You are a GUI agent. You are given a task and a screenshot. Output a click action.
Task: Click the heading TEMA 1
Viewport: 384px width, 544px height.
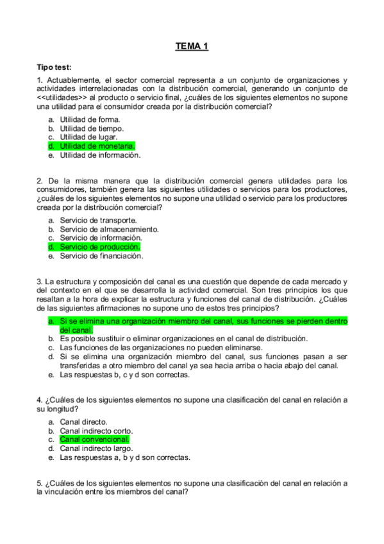pyautogui.click(x=192, y=46)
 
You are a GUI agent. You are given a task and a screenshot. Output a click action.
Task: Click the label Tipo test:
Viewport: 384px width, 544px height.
pyautogui.click(x=54, y=67)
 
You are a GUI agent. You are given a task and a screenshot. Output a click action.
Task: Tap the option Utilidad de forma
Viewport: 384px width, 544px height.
pyautogui.click(x=90, y=119)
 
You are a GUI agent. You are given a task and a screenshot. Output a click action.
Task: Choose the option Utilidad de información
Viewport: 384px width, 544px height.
pyautogui.click(x=100, y=155)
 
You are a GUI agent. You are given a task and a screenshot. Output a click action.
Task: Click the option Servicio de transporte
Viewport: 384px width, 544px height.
pyautogui.click(x=98, y=220)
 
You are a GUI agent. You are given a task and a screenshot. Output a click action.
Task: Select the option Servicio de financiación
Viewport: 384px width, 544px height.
pyautogui.click(x=101, y=256)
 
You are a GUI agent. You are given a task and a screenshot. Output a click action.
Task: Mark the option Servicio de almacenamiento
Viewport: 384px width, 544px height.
pyautogui.click(x=109, y=229)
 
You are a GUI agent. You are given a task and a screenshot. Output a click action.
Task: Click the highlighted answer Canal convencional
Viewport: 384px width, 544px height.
pyautogui.click(x=94, y=440)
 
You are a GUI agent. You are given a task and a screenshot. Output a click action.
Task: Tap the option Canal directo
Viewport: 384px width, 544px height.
pyautogui.click(x=83, y=422)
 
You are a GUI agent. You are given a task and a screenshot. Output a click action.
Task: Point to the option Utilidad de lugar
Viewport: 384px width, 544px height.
pyautogui.click(x=88, y=137)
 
